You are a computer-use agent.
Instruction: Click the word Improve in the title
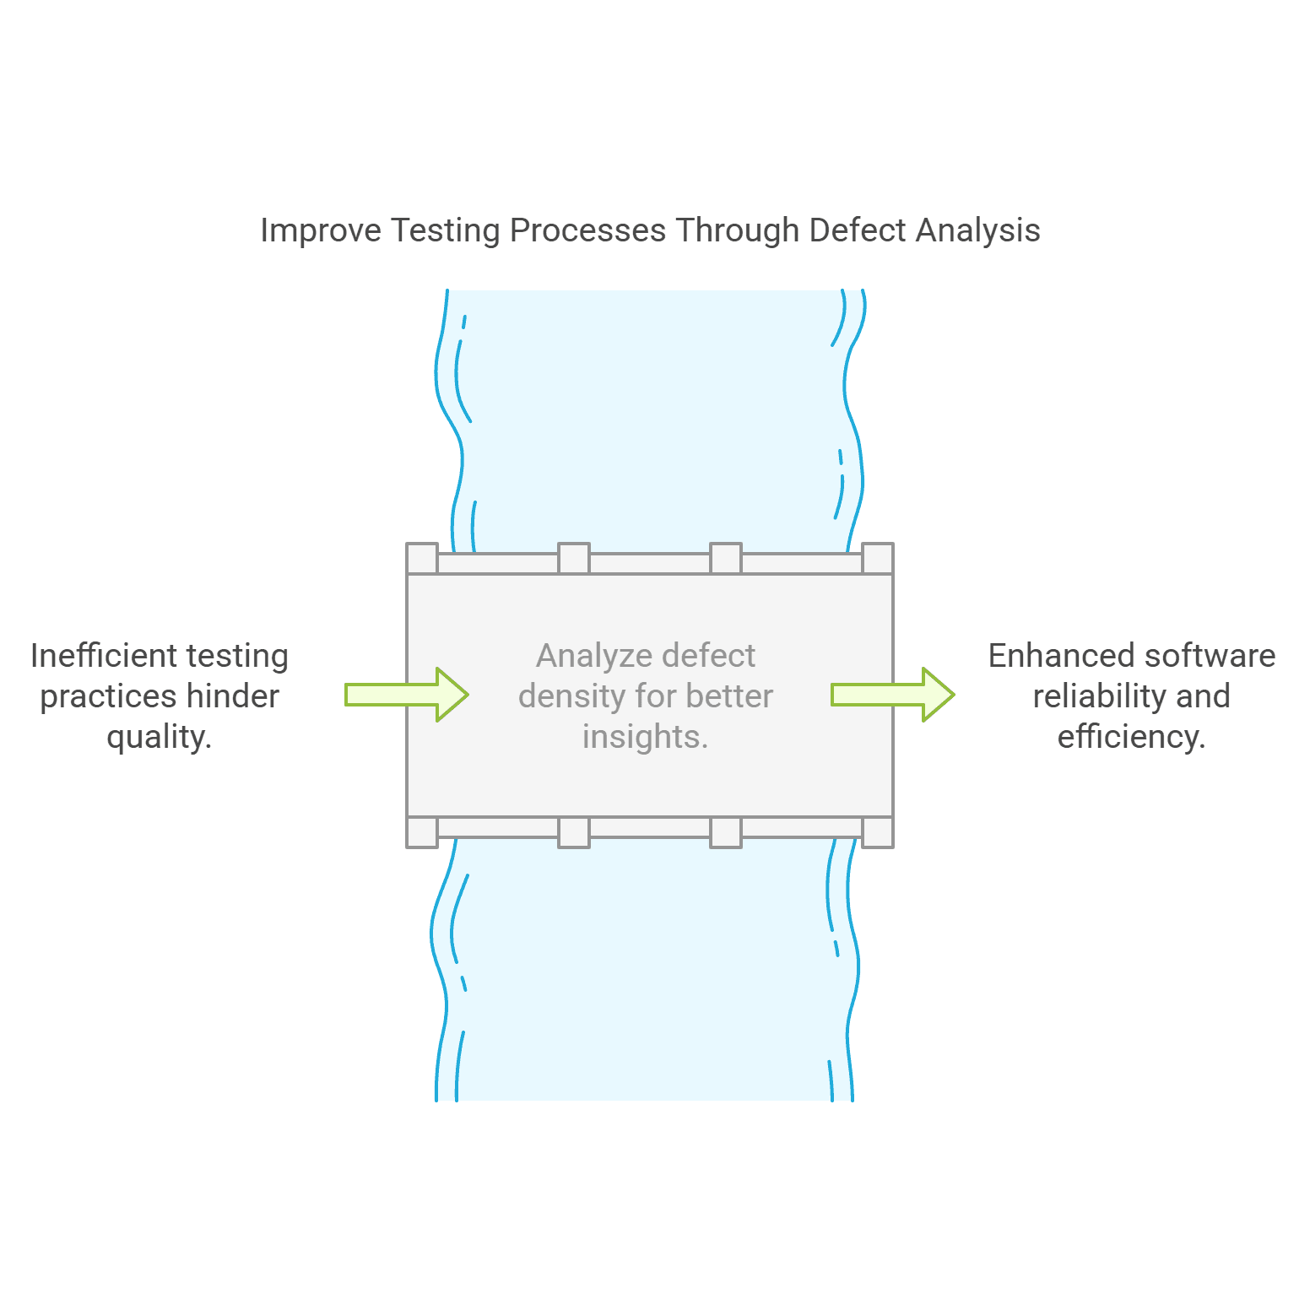[320, 230]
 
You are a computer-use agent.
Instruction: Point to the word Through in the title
[736, 230]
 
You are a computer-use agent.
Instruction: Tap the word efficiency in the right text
[1131, 737]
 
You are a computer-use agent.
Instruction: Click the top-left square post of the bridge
[422, 559]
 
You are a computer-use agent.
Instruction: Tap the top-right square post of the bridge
[878, 559]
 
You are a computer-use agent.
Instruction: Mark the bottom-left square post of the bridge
[422, 832]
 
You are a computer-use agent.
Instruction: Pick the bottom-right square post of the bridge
[878, 832]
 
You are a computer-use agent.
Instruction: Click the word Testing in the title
[445, 230]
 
